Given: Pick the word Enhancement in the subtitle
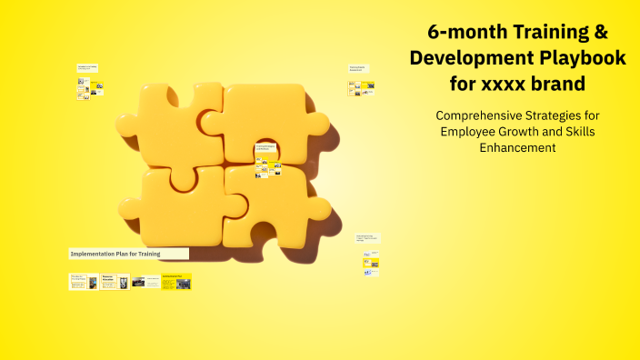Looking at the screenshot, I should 517,148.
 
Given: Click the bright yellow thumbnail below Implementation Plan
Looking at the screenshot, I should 176,282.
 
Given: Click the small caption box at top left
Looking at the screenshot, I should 87,67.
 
